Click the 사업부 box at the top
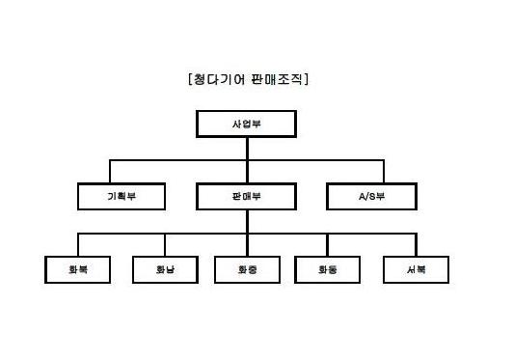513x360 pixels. click(x=247, y=125)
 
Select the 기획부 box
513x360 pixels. click(x=121, y=197)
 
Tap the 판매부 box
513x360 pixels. click(x=247, y=197)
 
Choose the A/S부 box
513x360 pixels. click(x=371, y=197)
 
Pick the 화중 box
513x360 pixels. click(x=247, y=270)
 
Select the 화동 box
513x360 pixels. click(x=328, y=270)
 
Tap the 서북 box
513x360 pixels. click(x=417, y=270)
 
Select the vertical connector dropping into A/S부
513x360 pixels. click(x=371, y=171)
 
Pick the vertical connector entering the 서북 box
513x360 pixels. click(x=417, y=245)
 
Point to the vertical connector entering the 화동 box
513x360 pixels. click(x=328, y=245)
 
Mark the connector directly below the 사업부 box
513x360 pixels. click(x=247, y=147)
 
